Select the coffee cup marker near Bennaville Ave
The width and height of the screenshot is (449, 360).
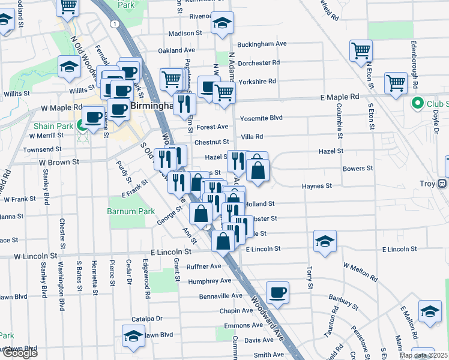277,293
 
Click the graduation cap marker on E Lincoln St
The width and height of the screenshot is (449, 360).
325,241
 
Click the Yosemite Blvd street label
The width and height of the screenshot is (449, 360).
261,118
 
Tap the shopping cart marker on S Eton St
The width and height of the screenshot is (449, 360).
396,83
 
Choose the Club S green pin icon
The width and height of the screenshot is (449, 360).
417,103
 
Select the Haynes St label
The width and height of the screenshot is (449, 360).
317,187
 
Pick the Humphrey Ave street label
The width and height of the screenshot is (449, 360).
209,281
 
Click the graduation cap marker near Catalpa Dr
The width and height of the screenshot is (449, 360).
133,336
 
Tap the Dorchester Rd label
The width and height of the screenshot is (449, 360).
259,62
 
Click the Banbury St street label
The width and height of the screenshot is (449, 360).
342,300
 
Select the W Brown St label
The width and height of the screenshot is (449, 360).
59,162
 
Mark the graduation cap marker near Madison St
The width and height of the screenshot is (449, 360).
222,23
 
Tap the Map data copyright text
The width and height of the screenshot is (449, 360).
424,355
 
